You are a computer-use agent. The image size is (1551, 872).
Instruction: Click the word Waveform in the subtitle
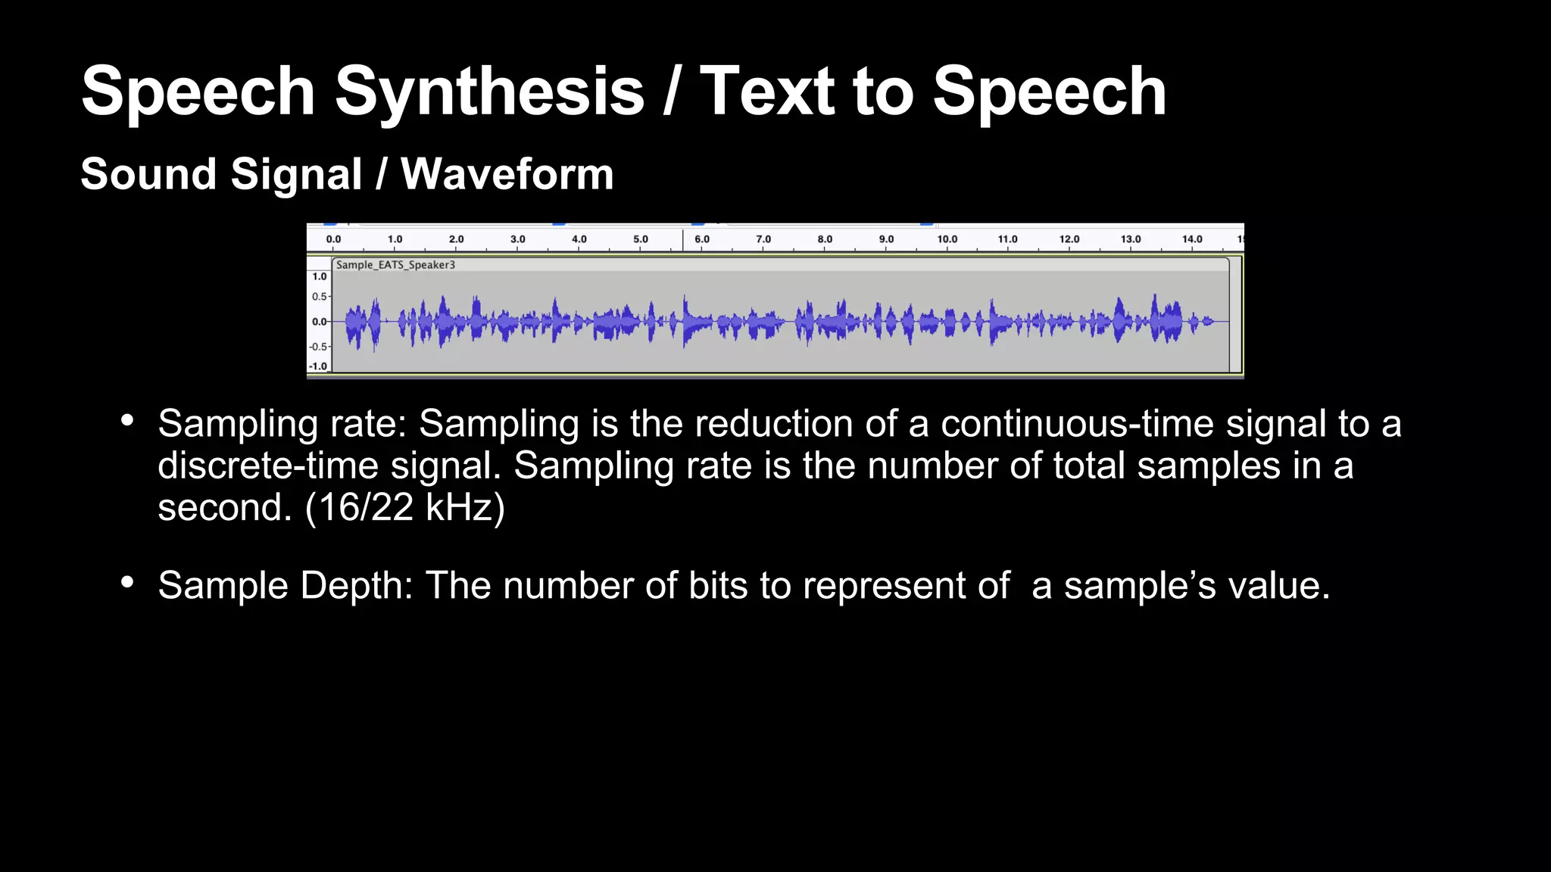click(x=507, y=174)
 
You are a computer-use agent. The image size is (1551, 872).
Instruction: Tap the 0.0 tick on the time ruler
click(x=333, y=239)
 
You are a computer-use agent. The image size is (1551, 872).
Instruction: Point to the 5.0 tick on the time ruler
click(x=641, y=239)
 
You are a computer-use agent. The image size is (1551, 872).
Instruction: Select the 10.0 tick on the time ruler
click(x=947, y=239)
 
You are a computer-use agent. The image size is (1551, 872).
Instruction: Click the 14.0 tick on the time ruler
click(x=1192, y=239)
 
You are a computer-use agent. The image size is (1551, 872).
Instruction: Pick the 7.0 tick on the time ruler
click(x=763, y=239)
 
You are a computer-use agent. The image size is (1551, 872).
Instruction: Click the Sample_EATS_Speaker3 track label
click(x=395, y=265)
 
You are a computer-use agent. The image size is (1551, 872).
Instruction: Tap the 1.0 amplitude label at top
click(x=320, y=277)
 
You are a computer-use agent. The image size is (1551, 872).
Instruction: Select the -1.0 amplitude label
click(x=319, y=366)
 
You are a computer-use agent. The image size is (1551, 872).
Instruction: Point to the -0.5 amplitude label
click(x=319, y=347)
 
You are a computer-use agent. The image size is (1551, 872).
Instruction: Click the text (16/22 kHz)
click(x=404, y=507)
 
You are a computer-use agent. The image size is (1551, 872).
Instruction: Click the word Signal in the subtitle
click(x=297, y=174)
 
